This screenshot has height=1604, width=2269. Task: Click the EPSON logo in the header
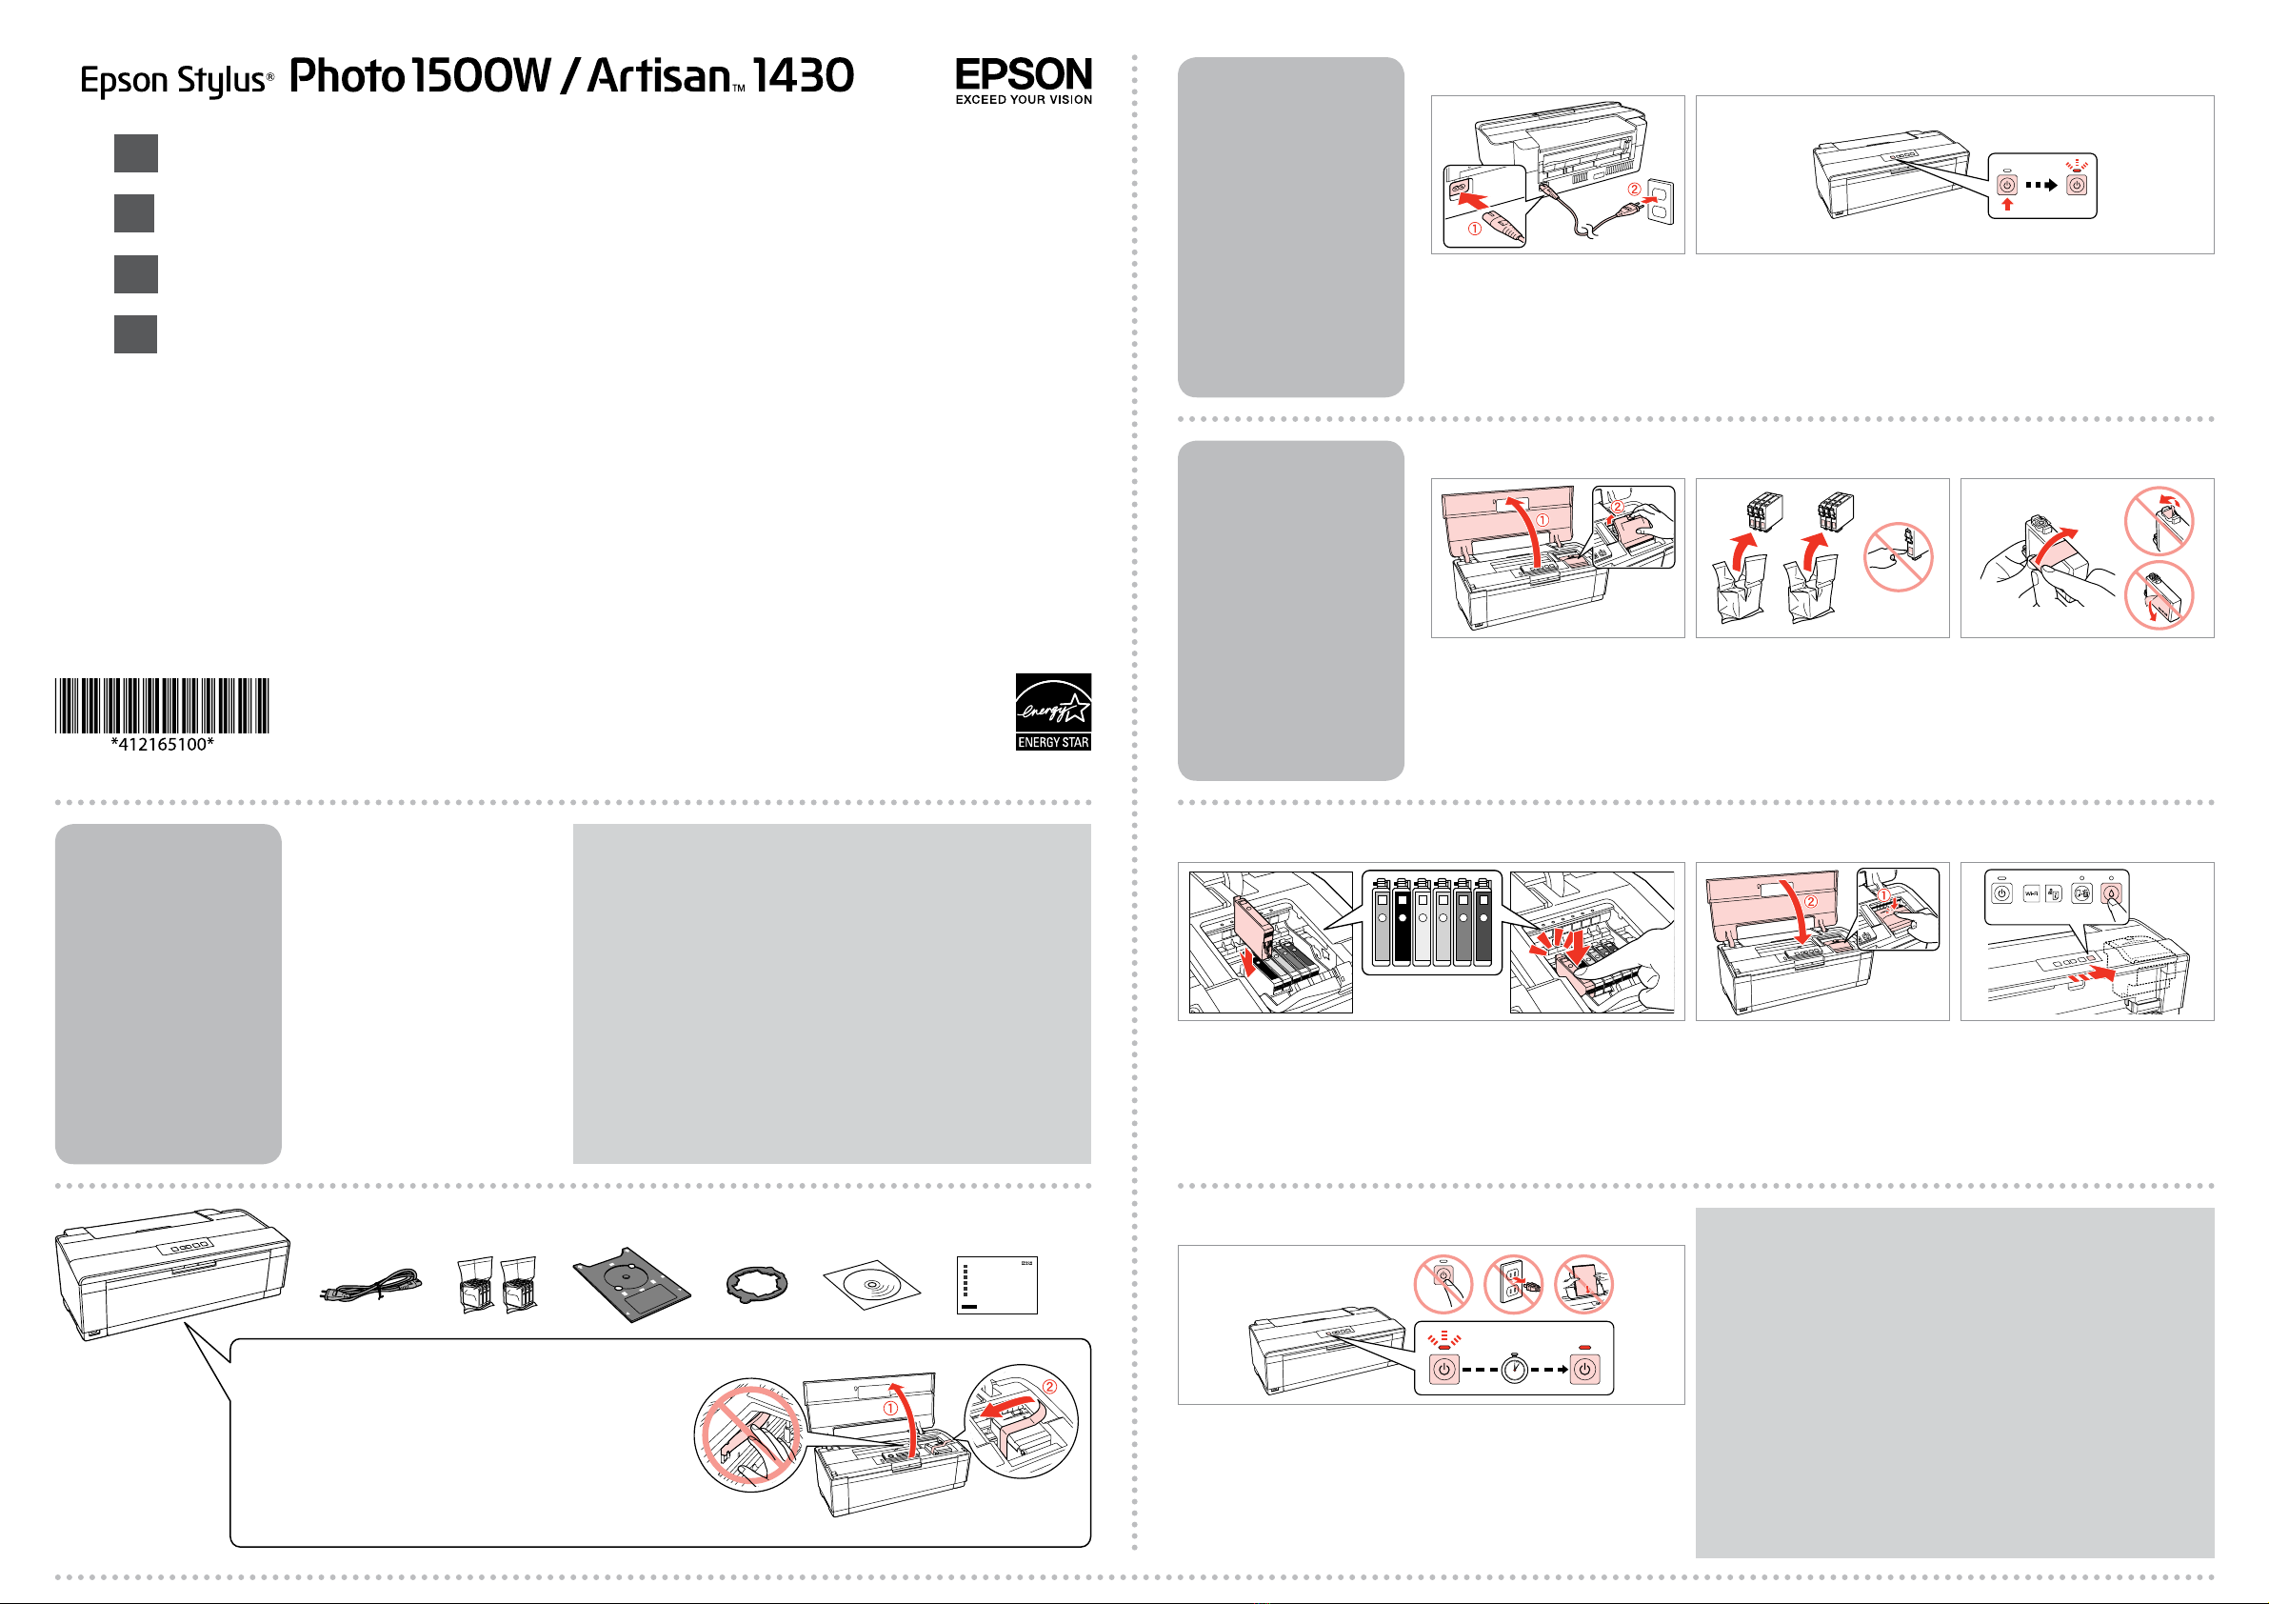click(x=1023, y=74)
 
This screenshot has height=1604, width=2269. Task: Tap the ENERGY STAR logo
click(x=1052, y=712)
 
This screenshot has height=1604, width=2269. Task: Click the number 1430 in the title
click(x=803, y=76)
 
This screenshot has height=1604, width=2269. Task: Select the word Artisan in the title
click(x=658, y=76)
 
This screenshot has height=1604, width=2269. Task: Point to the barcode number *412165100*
click(x=162, y=744)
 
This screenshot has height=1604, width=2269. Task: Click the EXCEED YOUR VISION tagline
click(x=1023, y=100)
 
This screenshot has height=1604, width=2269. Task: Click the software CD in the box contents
click(x=871, y=1286)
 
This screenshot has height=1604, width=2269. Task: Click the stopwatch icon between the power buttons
click(x=1514, y=1369)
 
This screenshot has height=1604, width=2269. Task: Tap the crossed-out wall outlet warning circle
click(x=1513, y=1284)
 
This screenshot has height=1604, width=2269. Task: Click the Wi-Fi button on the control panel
click(x=2031, y=893)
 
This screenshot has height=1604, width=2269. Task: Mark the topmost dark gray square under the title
click(x=135, y=153)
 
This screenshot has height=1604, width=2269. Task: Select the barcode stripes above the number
click(x=162, y=705)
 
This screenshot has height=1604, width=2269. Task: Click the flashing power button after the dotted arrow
click(x=2078, y=185)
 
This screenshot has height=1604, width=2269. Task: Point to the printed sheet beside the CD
click(x=996, y=1285)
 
